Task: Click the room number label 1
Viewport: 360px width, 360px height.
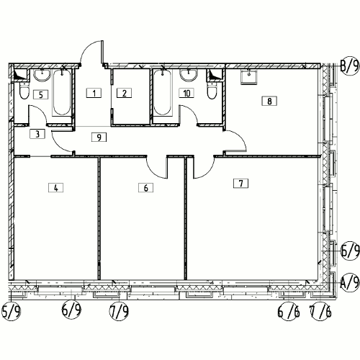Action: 94,93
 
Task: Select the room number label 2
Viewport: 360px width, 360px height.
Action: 124,93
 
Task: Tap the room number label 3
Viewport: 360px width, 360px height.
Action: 37,134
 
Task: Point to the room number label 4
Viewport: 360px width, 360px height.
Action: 56,187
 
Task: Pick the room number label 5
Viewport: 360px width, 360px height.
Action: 41,94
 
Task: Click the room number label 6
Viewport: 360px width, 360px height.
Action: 145,187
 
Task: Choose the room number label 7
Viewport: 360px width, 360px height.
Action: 241,184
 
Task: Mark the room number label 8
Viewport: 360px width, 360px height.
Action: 269,101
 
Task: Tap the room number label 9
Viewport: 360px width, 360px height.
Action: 99,137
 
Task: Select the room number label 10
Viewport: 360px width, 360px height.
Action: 186,93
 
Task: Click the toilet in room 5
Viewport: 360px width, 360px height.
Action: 24,91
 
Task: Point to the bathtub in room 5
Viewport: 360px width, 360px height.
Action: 62,93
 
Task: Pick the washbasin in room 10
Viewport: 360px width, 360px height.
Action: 189,75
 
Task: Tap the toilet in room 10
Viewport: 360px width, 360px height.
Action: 212,91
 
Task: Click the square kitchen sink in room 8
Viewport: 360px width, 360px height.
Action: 249,77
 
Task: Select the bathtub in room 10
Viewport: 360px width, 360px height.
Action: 163,93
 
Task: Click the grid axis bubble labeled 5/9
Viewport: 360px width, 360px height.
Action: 12,311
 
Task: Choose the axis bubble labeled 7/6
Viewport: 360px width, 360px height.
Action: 320,311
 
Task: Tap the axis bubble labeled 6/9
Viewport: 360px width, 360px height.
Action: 71,310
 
